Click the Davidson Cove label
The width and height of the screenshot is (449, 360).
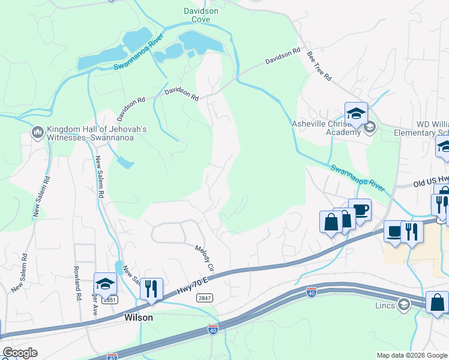[200, 15]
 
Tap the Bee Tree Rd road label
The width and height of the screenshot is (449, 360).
[319, 65]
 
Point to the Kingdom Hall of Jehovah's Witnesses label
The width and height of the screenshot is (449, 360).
[96, 133]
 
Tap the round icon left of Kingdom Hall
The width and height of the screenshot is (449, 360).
[37, 131]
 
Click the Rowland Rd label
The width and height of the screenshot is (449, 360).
[77, 283]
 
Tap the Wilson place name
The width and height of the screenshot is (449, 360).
[138, 317]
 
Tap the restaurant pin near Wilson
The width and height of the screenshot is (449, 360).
[151, 289]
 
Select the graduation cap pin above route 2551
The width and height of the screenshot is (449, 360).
[105, 284]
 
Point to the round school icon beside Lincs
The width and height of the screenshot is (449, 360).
[403, 305]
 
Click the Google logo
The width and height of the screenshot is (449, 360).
[20, 352]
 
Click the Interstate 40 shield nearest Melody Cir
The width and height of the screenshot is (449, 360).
[212, 329]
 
